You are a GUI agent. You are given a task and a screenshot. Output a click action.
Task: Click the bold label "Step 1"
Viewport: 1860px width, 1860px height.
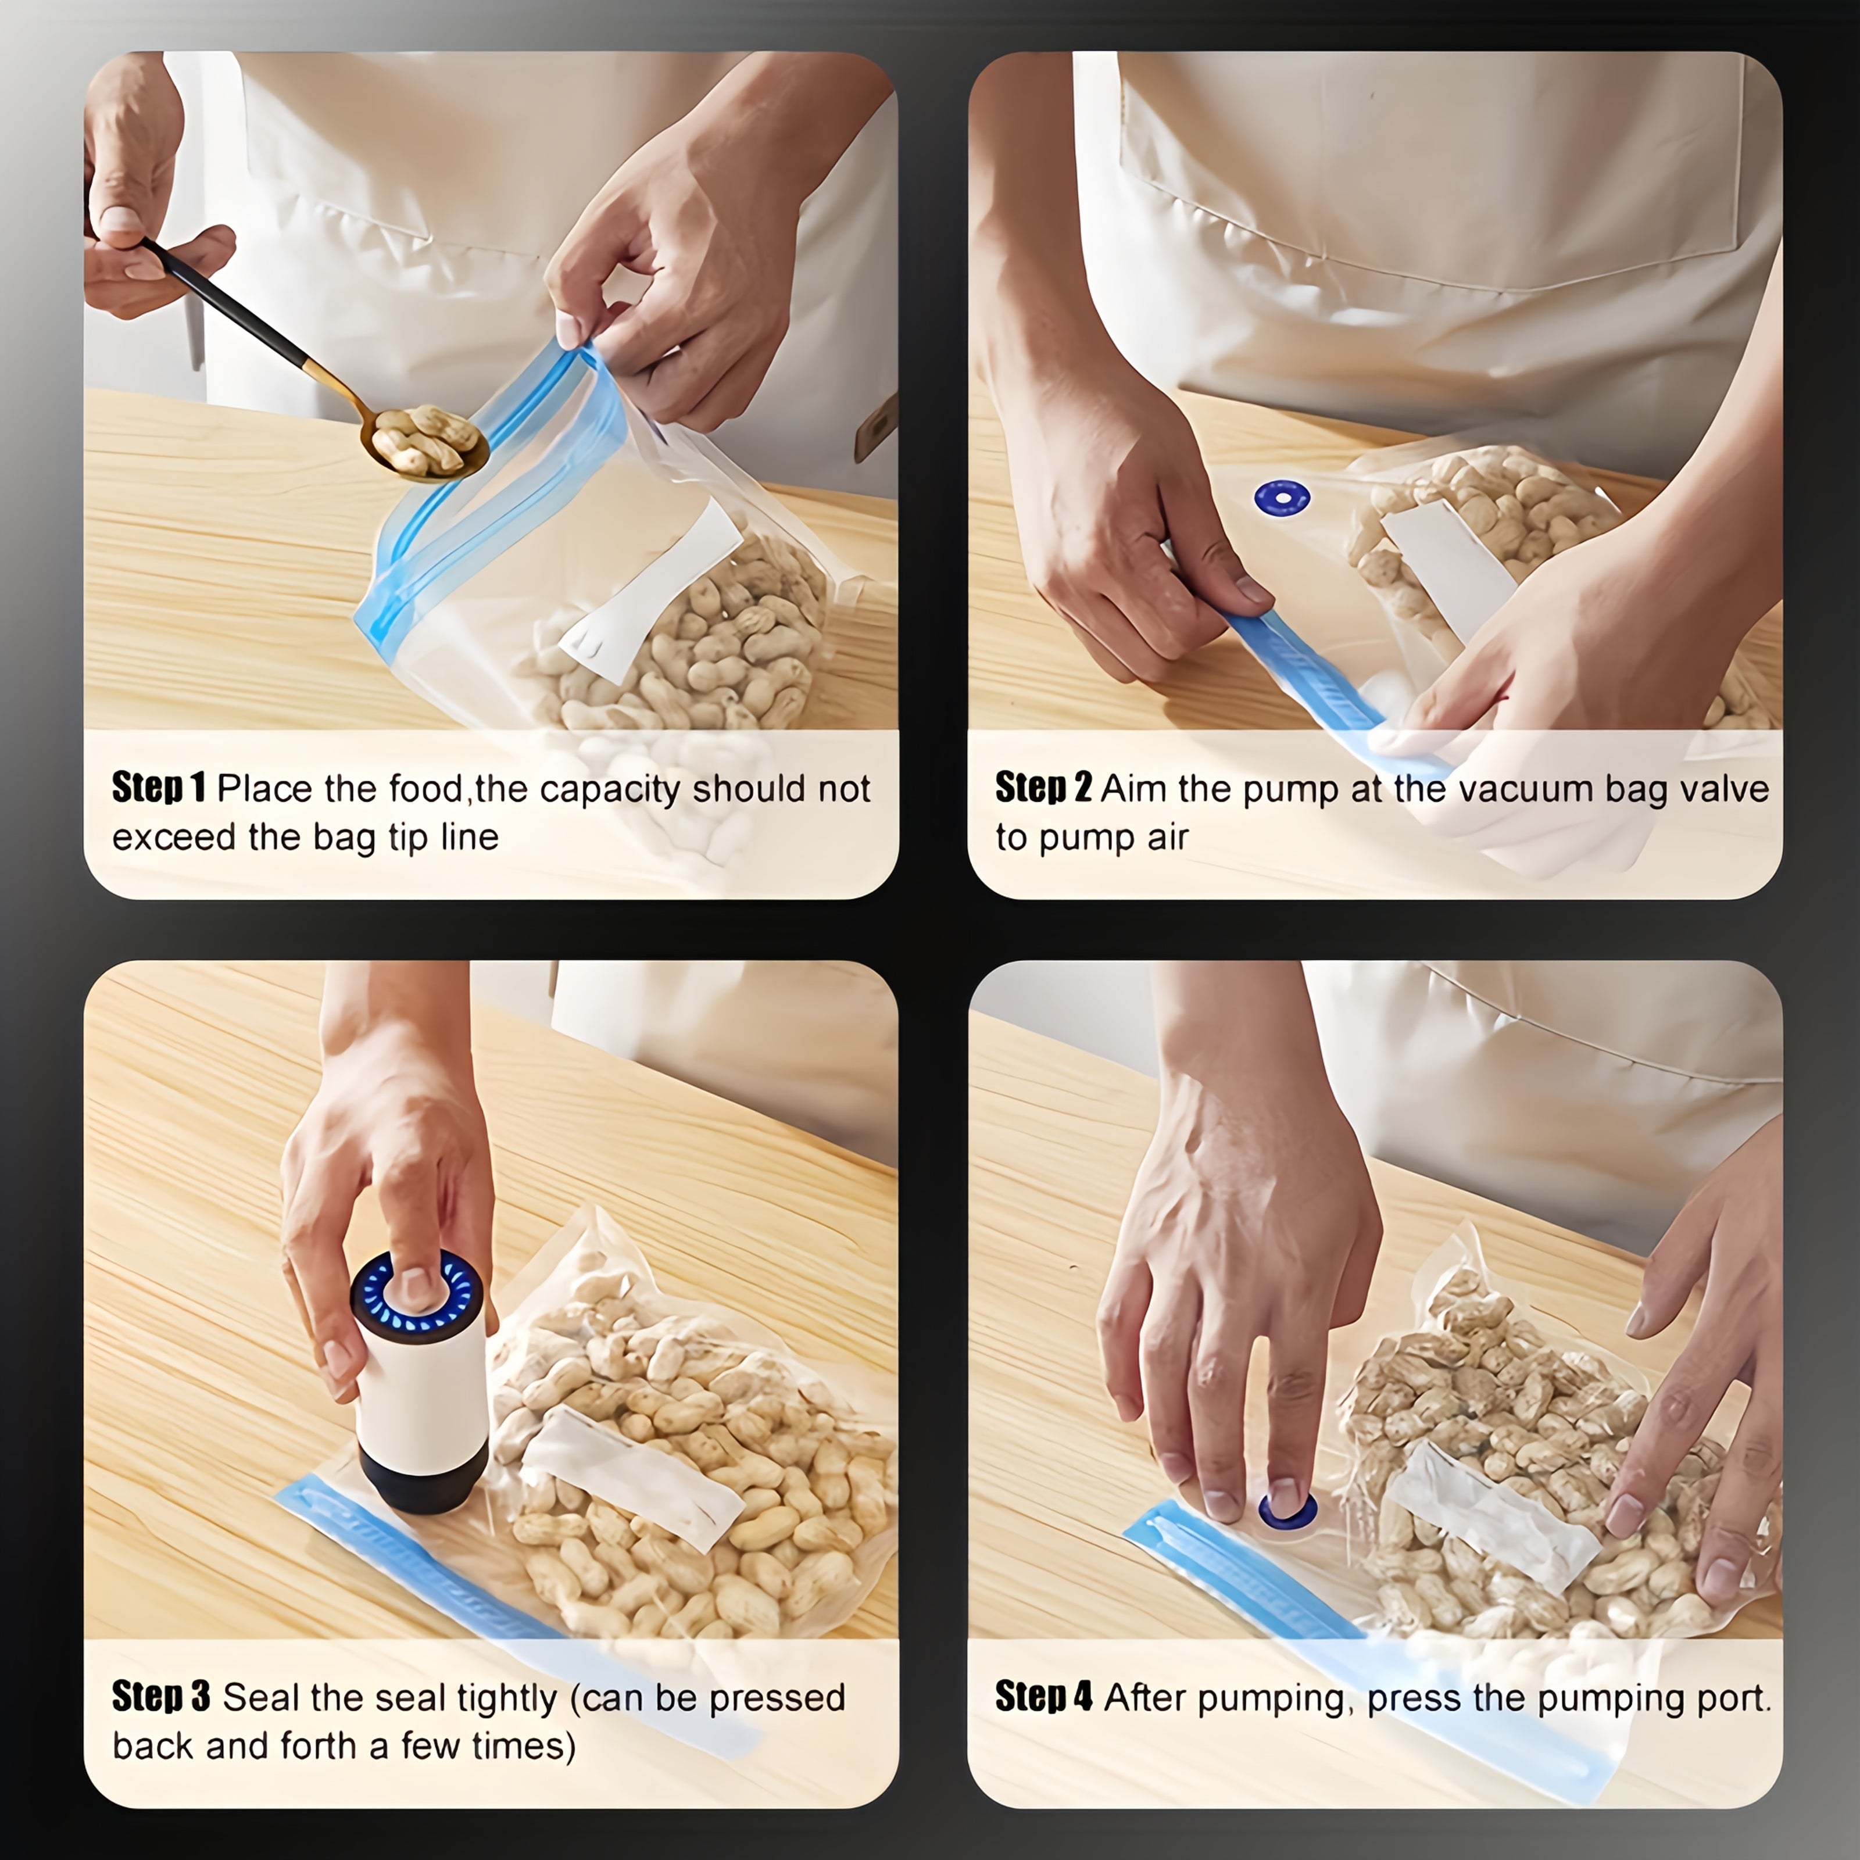click(x=159, y=788)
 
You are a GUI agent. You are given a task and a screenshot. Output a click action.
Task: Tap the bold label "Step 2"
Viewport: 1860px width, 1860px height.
click(x=1043, y=788)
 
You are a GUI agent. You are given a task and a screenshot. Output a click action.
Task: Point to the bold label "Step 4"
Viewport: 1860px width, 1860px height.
click(x=1043, y=1696)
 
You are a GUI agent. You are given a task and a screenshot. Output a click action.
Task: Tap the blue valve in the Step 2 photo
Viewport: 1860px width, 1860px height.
click(x=1282, y=498)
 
